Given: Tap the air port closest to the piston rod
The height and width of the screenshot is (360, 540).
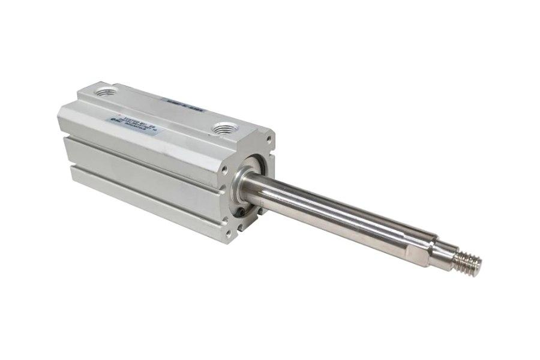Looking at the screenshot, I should click(x=226, y=128).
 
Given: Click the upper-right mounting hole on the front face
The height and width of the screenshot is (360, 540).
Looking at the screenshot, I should click(x=268, y=142).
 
